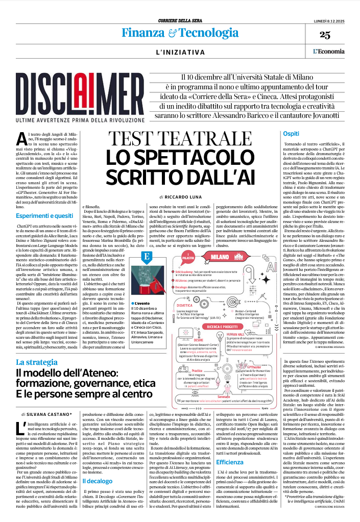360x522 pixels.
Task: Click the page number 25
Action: click(339, 35)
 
